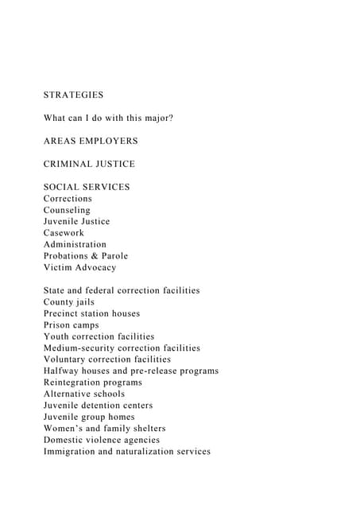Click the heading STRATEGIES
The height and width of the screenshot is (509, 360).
[73, 95]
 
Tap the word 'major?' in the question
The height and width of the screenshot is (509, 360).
[157, 118]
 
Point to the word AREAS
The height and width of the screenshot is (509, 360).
[59, 141]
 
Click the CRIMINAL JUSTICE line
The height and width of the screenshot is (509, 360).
[89, 164]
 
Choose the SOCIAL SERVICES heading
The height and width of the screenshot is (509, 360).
[87, 187]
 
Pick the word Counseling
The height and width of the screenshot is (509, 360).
[67, 210]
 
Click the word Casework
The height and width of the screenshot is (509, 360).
[64, 233]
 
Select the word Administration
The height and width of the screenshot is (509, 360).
[75, 244]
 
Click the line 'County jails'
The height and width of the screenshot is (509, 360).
[69, 302]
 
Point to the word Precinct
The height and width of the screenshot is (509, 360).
[64, 313]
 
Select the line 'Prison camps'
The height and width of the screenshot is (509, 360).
[72, 325]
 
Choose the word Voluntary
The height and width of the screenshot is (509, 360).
[67, 359]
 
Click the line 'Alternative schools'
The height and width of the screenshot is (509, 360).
[84, 394]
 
